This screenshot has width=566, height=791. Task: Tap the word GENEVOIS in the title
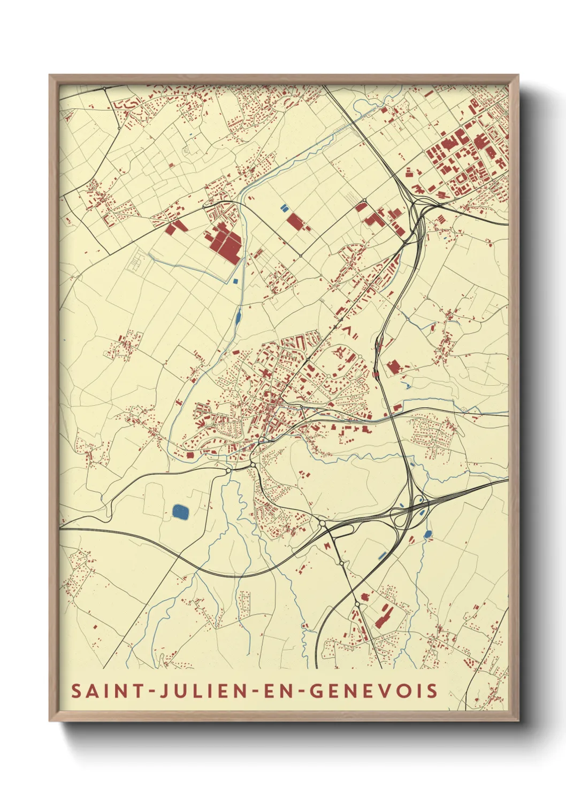pos(374,691)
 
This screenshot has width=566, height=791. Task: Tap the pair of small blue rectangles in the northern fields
pos(284,207)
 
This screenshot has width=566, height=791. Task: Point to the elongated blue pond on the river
pos(238,317)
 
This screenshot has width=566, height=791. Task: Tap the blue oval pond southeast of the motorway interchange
pos(427,533)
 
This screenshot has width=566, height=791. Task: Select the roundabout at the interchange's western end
pos(323,523)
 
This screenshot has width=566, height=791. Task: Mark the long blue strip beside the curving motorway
pos(382,556)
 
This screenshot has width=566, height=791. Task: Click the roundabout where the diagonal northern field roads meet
pos(301,255)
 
